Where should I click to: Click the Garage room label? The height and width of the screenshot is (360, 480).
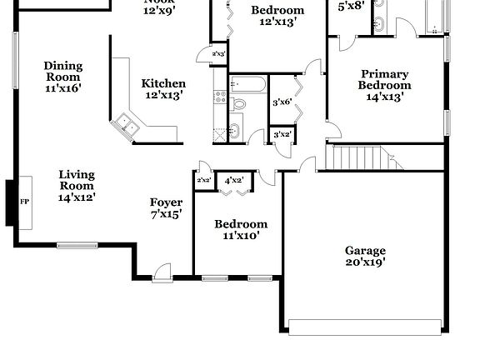point(366,250)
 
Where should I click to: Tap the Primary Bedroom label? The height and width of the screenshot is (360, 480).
point(384,79)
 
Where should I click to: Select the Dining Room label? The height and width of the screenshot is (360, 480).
point(62,71)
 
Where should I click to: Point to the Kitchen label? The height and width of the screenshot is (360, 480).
point(163,83)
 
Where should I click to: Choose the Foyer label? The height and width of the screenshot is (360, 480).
point(166,202)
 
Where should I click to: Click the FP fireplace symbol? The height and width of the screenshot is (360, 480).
point(24,201)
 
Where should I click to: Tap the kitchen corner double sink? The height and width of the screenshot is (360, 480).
point(127,125)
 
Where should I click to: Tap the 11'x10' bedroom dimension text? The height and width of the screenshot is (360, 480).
point(241,235)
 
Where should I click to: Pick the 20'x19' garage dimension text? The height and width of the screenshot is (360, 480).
point(366,262)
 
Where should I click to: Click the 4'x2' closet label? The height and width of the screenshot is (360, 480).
point(233,180)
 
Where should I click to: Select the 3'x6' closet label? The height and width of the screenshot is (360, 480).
point(282,102)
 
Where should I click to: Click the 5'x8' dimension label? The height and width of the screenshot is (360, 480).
point(351,6)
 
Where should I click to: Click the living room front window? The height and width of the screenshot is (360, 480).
point(77,245)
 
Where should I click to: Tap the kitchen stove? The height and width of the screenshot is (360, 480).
point(220,97)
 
